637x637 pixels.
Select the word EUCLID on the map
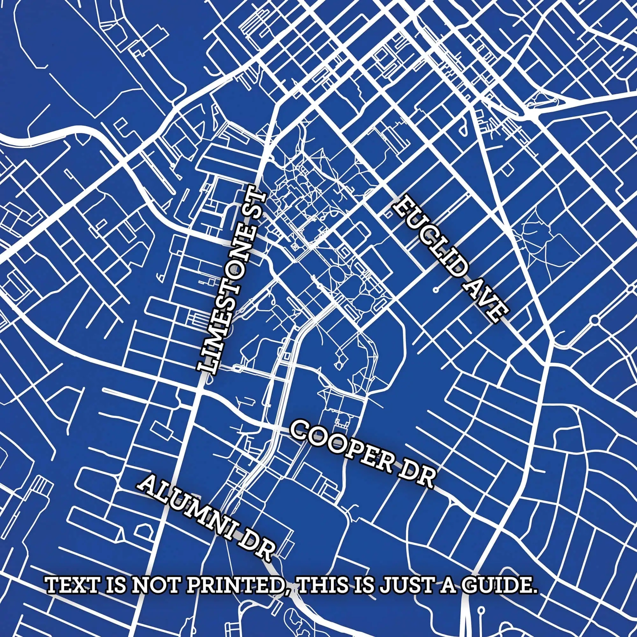[429, 237]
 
